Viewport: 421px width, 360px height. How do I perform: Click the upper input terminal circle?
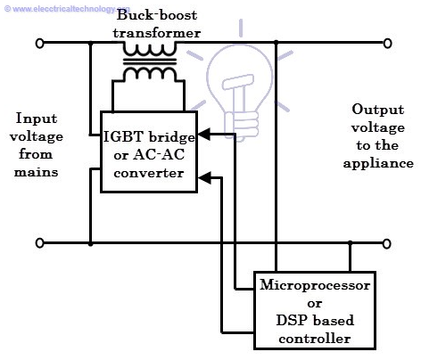tap(40, 44)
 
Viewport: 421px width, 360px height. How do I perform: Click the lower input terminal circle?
tap(40, 243)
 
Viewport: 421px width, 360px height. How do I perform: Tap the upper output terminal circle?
tap(387, 44)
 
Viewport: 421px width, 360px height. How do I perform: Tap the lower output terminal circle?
tap(386, 244)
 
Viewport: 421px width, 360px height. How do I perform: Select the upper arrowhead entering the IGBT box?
tap(204, 135)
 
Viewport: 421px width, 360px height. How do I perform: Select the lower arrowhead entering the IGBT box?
tap(204, 178)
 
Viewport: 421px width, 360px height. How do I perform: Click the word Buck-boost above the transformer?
tap(157, 15)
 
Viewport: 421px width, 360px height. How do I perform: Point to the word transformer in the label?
tap(157, 33)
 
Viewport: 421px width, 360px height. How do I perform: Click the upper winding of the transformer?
tap(150, 49)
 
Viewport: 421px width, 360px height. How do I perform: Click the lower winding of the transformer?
tap(150, 73)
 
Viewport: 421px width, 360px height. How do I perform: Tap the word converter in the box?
tap(149, 173)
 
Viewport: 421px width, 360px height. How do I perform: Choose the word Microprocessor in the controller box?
tap(315, 285)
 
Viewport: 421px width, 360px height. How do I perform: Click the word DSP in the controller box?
tap(293, 321)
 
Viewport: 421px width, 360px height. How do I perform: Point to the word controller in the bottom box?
tap(315, 339)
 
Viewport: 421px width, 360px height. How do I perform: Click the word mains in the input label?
tap(36, 172)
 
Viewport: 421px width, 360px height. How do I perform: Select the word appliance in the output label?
tap(378, 164)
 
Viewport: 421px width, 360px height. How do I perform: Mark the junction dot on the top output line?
tap(277, 43)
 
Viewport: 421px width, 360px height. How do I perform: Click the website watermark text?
tap(67, 9)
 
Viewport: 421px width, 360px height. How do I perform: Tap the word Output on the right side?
tap(378, 110)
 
